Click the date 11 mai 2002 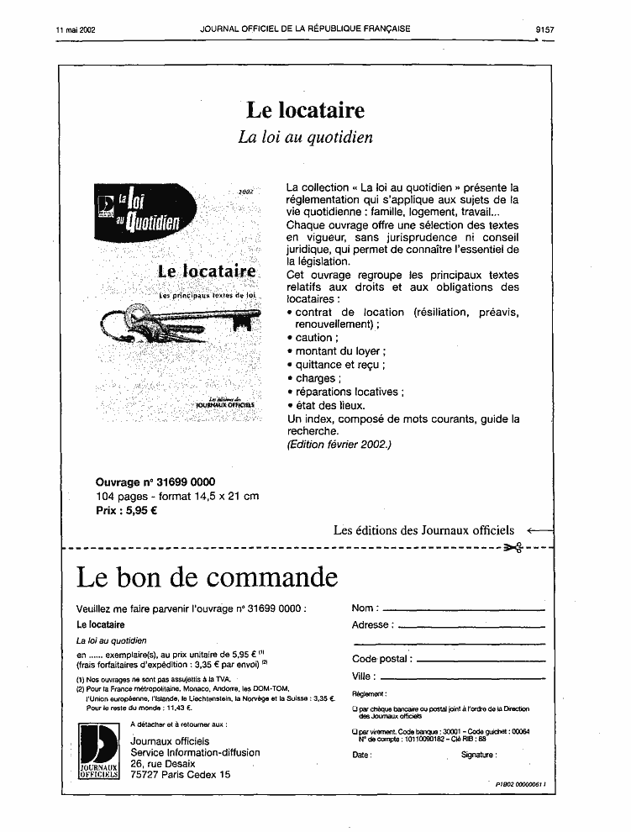tap(76, 29)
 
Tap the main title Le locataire tap(305, 110)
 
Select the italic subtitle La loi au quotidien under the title tap(305, 138)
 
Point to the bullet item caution tap(313, 338)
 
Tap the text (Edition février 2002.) tap(339, 445)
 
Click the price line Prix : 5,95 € tap(127, 509)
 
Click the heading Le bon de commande tap(207, 578)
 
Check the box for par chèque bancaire tap(355, 710)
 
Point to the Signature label tap(478, 756)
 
